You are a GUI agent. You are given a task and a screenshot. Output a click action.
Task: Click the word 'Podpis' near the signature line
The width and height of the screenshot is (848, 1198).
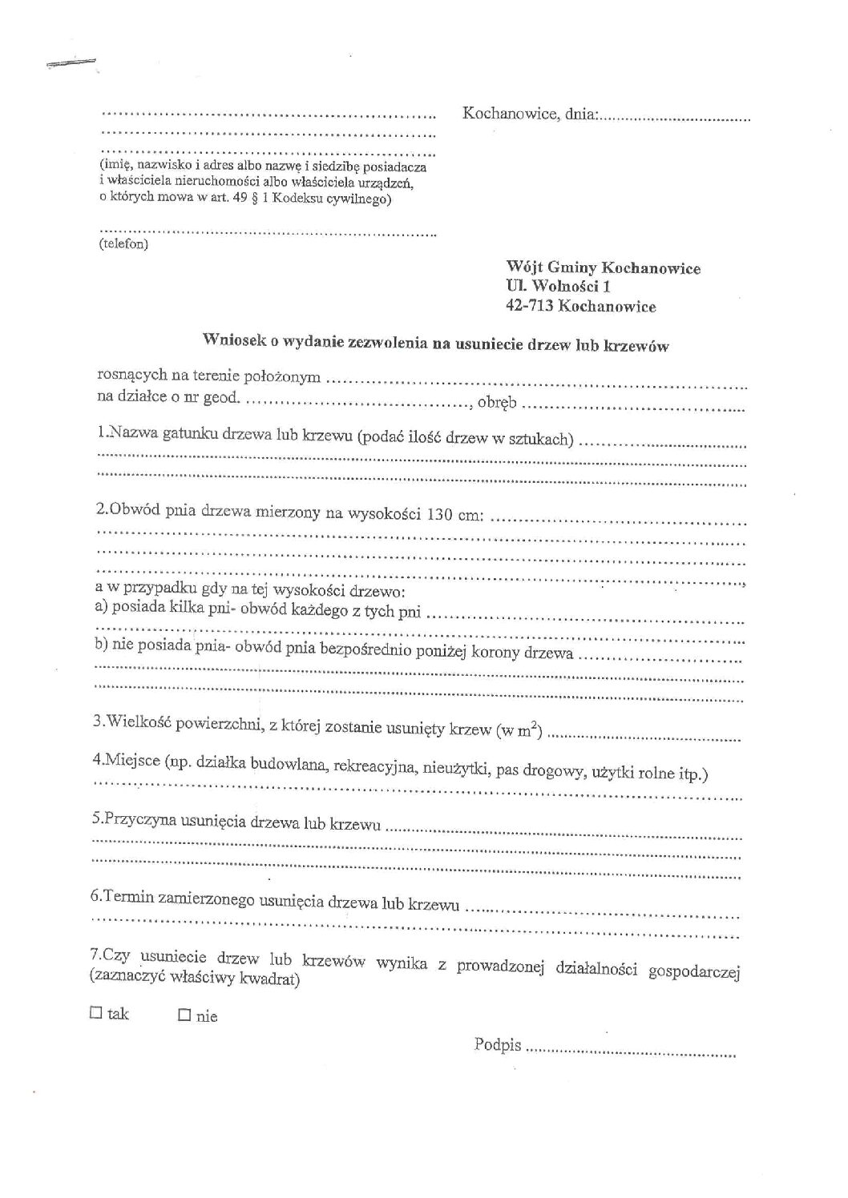[498, 1044]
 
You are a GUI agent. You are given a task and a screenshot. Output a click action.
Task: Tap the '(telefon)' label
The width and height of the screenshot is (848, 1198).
[123, 244]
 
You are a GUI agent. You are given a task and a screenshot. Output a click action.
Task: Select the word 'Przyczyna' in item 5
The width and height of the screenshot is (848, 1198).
[133, 821]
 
